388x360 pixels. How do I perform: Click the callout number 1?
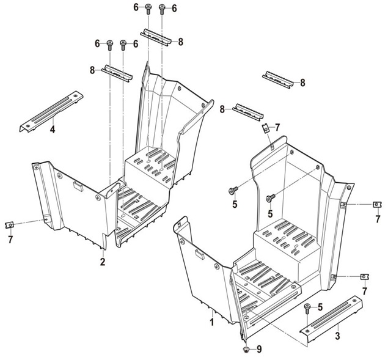coord(211,322)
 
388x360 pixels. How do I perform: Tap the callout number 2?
coord(103,262)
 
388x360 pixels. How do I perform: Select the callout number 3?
coord(337,336)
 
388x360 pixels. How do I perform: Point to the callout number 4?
coord(52,129)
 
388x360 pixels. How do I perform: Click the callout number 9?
coord(259,349)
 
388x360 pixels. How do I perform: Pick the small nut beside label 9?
coord(246,350)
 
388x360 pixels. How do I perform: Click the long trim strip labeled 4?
coord(51,112)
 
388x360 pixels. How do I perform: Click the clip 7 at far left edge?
coord(9,225)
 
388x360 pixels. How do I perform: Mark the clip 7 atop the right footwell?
coord(265,128)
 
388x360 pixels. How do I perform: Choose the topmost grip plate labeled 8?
coord(156,37)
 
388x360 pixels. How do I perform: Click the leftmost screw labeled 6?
coord(110,45)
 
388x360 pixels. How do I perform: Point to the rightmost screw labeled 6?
coord(162,9)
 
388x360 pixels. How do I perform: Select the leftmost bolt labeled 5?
coord(233,190)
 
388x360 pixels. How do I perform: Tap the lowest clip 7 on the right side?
coord(365,277)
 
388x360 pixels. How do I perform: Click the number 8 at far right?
coord(302,83)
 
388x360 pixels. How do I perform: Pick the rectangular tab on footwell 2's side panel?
coord(78,186)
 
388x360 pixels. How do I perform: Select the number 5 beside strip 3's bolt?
coord(320,307)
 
